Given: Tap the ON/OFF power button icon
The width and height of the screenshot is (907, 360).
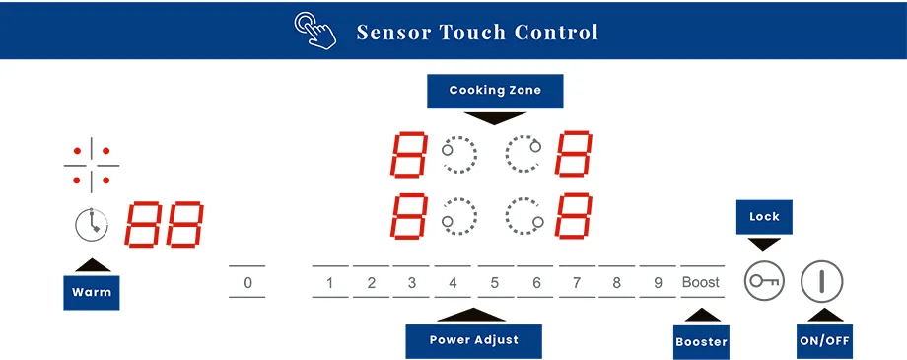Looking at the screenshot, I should coord(821,282).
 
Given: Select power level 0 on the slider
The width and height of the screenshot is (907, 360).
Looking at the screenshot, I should coord(247,283).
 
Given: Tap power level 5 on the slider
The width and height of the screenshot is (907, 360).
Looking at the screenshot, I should coord(495,283).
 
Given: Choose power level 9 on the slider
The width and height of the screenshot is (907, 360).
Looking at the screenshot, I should coord(658,283).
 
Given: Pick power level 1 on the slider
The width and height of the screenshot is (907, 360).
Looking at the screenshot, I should coord(330,283).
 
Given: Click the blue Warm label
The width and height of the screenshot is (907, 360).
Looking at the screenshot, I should coord(92,292).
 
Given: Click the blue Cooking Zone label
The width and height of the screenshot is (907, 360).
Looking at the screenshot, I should coord(495,91).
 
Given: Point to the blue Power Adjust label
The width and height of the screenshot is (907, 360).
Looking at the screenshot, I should coord(474,340).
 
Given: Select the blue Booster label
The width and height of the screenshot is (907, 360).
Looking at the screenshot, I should coord(701,342).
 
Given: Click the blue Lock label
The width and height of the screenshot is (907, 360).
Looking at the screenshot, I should coord(764,217).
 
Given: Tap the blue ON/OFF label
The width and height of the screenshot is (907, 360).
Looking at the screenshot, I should coord(824,342).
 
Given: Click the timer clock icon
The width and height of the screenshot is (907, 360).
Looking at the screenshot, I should coord(91,225).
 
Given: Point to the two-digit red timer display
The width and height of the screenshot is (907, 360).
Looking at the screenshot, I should coord(164,225).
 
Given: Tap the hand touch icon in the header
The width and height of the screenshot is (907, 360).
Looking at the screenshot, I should coord(315,30).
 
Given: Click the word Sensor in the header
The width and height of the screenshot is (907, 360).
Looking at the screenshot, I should coord(394,32).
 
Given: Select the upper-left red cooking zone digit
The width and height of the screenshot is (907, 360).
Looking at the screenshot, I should coord(409,155).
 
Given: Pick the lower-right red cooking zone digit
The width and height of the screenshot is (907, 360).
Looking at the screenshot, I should coord(573,216).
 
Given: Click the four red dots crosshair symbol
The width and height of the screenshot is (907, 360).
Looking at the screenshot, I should coord(92,165).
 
